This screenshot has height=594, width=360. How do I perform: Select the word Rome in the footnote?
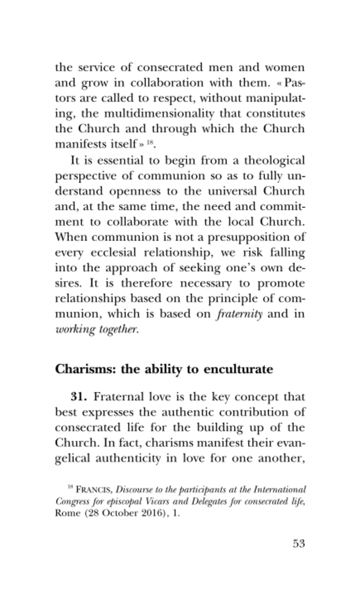[x=67, y=514]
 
